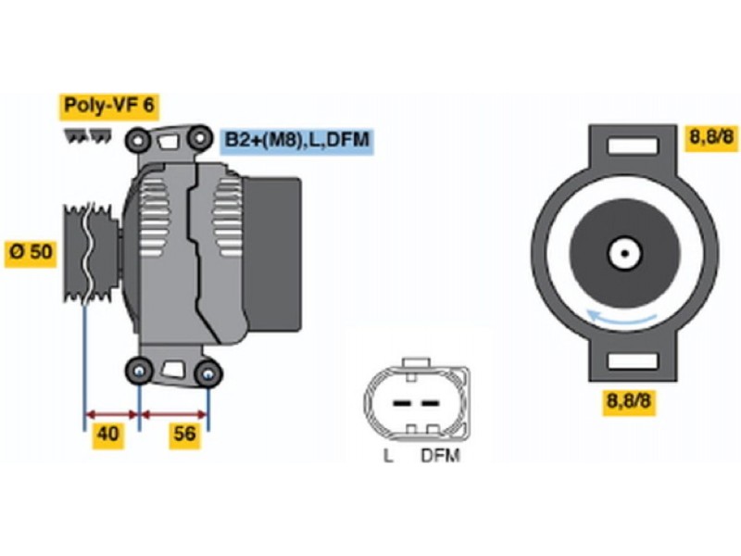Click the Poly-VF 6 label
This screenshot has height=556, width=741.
[109, 106]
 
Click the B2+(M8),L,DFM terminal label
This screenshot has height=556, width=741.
[296, 141]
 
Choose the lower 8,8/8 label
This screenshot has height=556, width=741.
[631, 401]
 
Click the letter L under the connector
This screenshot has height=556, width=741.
[388, 456]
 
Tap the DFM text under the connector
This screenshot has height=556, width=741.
[440, 456]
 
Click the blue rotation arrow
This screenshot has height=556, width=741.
[622, 321]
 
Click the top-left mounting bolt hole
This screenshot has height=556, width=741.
[139, 141]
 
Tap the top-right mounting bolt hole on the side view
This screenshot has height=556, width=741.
[198, 141]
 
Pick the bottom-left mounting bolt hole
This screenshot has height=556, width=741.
[139, 371]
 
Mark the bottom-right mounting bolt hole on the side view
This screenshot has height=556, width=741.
[209, 374]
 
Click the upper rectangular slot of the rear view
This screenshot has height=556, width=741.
[632, 146]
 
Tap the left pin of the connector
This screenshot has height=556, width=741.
[401, 404]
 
